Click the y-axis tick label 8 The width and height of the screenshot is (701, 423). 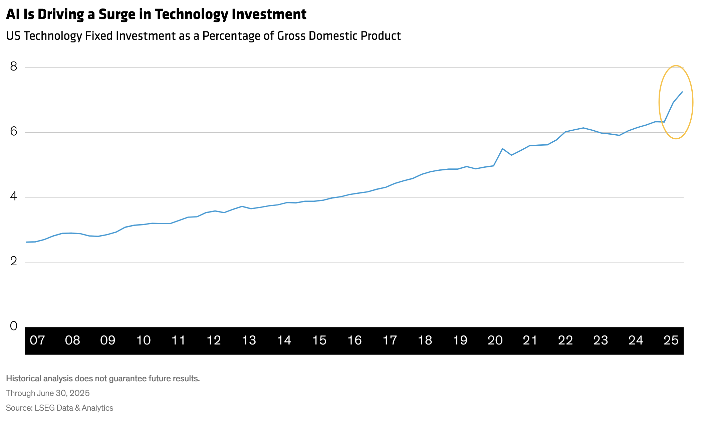[x=14, y=67]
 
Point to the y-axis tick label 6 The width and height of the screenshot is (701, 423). [x=14, y=132]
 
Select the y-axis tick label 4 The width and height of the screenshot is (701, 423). [x=14, y=196]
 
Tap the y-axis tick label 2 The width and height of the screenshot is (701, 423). [x=14, y=261]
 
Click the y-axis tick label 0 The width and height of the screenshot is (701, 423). [x=14, y=326]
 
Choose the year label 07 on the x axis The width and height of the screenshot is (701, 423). [x=37, y=340]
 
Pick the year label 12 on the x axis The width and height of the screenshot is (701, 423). [x=214, y=340]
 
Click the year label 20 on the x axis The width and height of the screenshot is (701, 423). [x=495, y=340]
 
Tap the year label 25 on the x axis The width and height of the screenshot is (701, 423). [x=671, y=340]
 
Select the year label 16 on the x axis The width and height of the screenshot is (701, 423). [x=355, y=340]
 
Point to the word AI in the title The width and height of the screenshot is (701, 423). [x=13, y=14]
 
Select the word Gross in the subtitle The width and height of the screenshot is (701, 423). [x=291, y=36]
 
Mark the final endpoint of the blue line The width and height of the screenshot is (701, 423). [x=682, y=92]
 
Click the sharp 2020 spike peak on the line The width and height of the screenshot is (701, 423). [x=502, y=149]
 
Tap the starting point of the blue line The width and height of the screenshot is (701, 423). [x=26, y=242]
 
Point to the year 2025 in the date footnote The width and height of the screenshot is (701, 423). [x=79, y=393]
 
